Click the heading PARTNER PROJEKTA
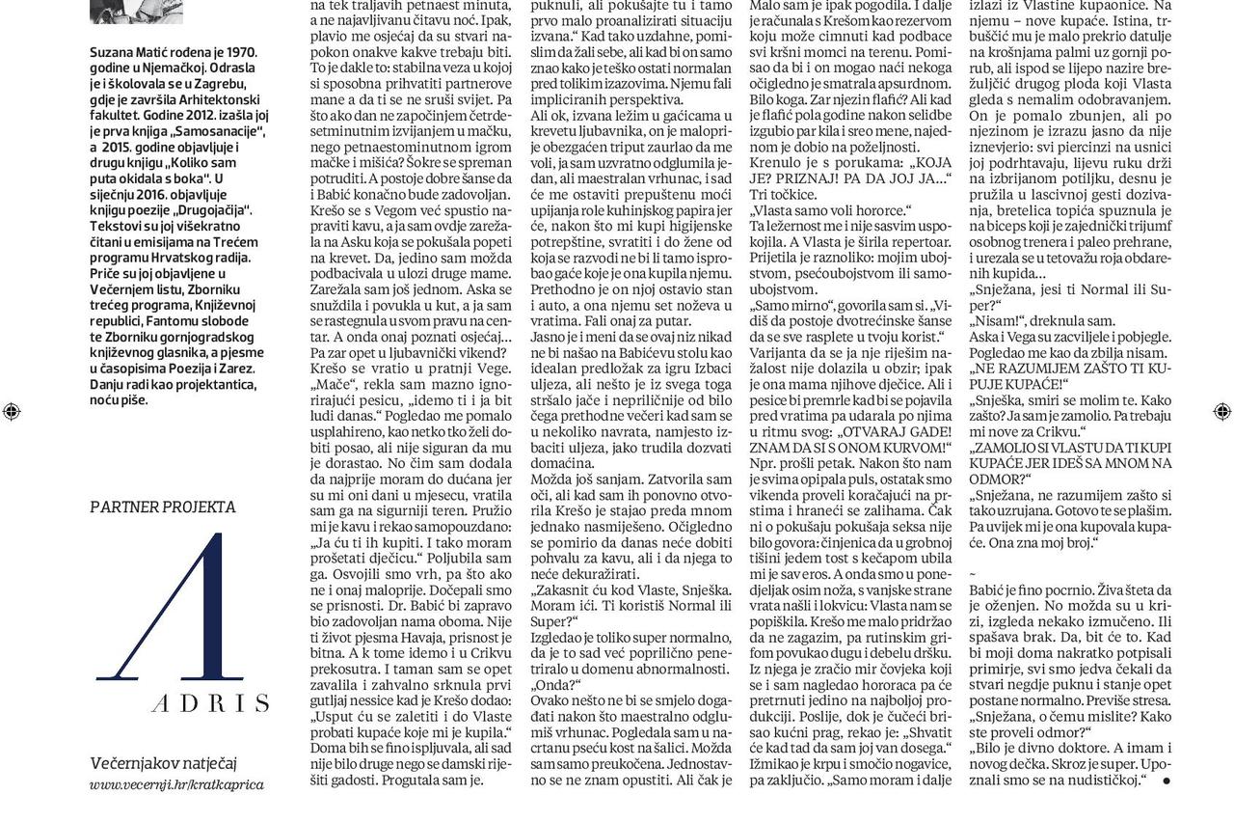162,507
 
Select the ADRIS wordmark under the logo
210,702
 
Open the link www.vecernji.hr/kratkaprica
176,784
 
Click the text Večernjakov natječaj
163,763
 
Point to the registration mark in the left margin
12,412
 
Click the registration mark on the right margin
1221,412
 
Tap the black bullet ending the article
1166,781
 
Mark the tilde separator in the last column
972,573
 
